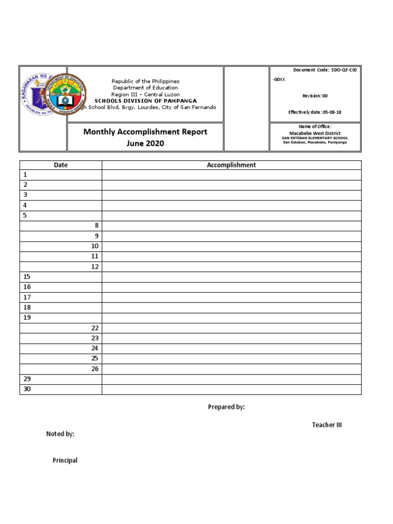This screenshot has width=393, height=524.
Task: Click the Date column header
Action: [61, 165]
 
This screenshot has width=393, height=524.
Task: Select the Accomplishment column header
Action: [231, 165]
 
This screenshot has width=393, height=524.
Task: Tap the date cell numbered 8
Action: [95, 226]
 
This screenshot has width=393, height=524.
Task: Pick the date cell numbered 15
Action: [27, 277]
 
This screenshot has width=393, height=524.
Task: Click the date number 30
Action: [27, 389]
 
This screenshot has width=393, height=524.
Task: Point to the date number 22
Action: [95, 328]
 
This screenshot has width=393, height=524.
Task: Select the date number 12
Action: [95, 267]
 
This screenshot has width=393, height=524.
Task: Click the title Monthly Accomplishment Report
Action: [145, 132]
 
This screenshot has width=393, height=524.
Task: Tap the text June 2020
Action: [145, 144]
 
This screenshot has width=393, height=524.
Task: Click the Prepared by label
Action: [226, 407]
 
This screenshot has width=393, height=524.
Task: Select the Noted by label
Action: [60, 434]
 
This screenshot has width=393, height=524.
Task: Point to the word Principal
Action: [65, 461]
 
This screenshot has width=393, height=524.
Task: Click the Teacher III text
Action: [326, 425]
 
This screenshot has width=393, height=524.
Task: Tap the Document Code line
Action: [324, 70]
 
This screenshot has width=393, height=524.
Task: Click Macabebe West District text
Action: [315, 133]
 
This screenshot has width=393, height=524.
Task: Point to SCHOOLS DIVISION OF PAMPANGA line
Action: [145, 101]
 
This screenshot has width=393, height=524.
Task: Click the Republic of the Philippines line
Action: [145, 81]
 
